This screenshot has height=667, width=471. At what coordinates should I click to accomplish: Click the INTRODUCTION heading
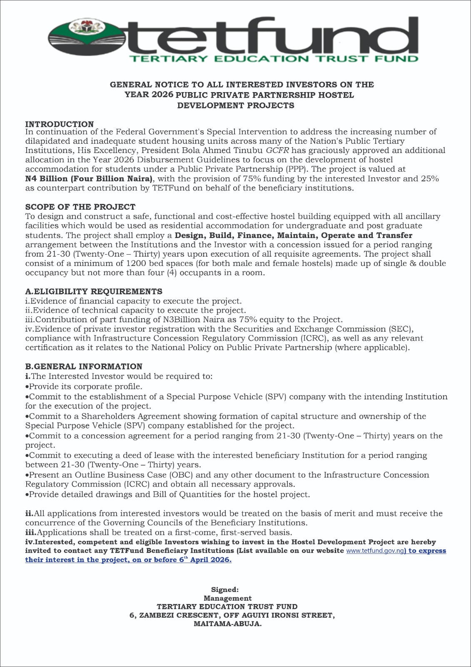coord(60,124)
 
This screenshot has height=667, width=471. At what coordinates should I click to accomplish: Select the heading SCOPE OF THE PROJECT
coord(80,207)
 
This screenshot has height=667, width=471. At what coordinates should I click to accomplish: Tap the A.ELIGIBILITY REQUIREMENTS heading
coord(94,291)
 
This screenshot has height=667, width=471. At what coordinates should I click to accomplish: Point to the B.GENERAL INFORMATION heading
coord(84,366)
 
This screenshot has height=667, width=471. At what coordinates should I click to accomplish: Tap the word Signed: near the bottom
coord(225,589)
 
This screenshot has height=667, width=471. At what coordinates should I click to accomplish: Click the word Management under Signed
coord(227,598)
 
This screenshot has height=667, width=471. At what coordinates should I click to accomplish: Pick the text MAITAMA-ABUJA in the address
coord(228,624)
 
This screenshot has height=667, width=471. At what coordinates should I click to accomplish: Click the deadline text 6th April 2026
coord(205,560)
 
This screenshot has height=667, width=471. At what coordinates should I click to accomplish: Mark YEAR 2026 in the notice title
coord(149,95)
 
